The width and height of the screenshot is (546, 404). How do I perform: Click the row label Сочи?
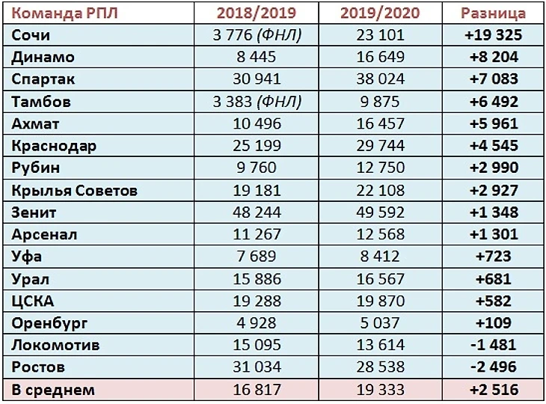[x=31, y=35]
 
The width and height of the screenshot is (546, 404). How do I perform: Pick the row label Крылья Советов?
[x=75, y=190]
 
